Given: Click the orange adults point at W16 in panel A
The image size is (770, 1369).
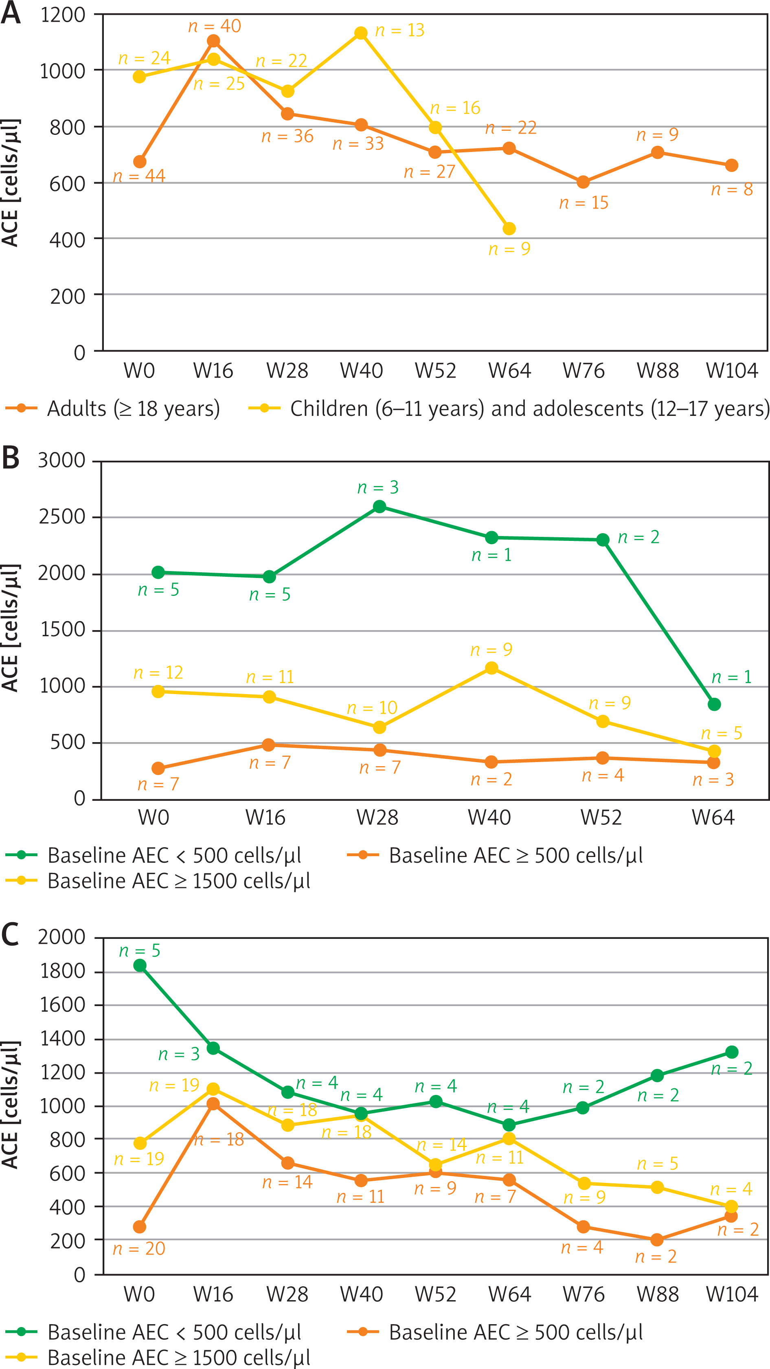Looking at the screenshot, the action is pos(213,41).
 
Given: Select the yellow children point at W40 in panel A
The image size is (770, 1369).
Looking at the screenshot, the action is pos(361,33).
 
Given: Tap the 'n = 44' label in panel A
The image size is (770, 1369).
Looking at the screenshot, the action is pos(139,176).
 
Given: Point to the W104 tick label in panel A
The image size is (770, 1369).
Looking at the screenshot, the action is pos(732,370).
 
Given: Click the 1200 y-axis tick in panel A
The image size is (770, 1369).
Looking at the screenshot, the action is pos(63,15).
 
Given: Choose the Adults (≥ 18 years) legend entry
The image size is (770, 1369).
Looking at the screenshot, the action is pos(113,409).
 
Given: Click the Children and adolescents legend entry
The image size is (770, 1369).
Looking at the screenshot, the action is pos(509,409).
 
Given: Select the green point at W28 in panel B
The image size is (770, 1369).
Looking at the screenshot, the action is pos(380,506).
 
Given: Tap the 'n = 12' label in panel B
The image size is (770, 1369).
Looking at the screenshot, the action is pos(158,673).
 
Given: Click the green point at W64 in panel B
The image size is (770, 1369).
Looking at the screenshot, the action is pos(714,704).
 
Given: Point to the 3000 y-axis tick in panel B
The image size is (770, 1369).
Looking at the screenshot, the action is pos(61,460).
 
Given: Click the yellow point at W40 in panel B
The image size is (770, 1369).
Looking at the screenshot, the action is pos(491,668).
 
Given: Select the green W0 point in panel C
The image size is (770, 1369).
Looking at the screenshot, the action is pos(140,966).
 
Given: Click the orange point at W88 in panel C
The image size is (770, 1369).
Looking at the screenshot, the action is pos(657,1240).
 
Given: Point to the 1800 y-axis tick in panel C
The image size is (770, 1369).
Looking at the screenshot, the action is pos(63,971).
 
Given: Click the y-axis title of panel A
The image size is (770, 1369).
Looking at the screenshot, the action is pos(11,183).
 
